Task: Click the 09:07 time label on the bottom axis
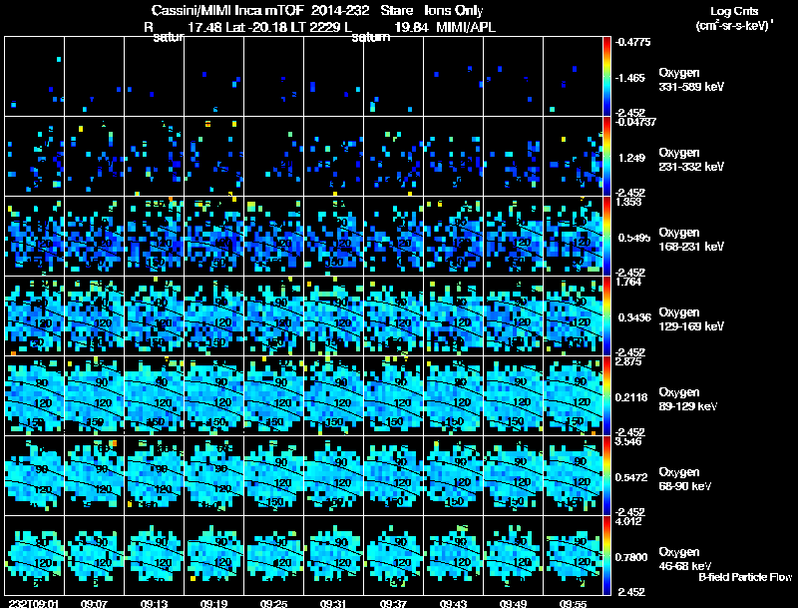[x=95, y=603]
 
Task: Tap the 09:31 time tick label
[x=333, y=603]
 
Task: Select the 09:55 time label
[x=573, y=603]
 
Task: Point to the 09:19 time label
[x=214, y=603]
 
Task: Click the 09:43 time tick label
[x=453, y=603]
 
